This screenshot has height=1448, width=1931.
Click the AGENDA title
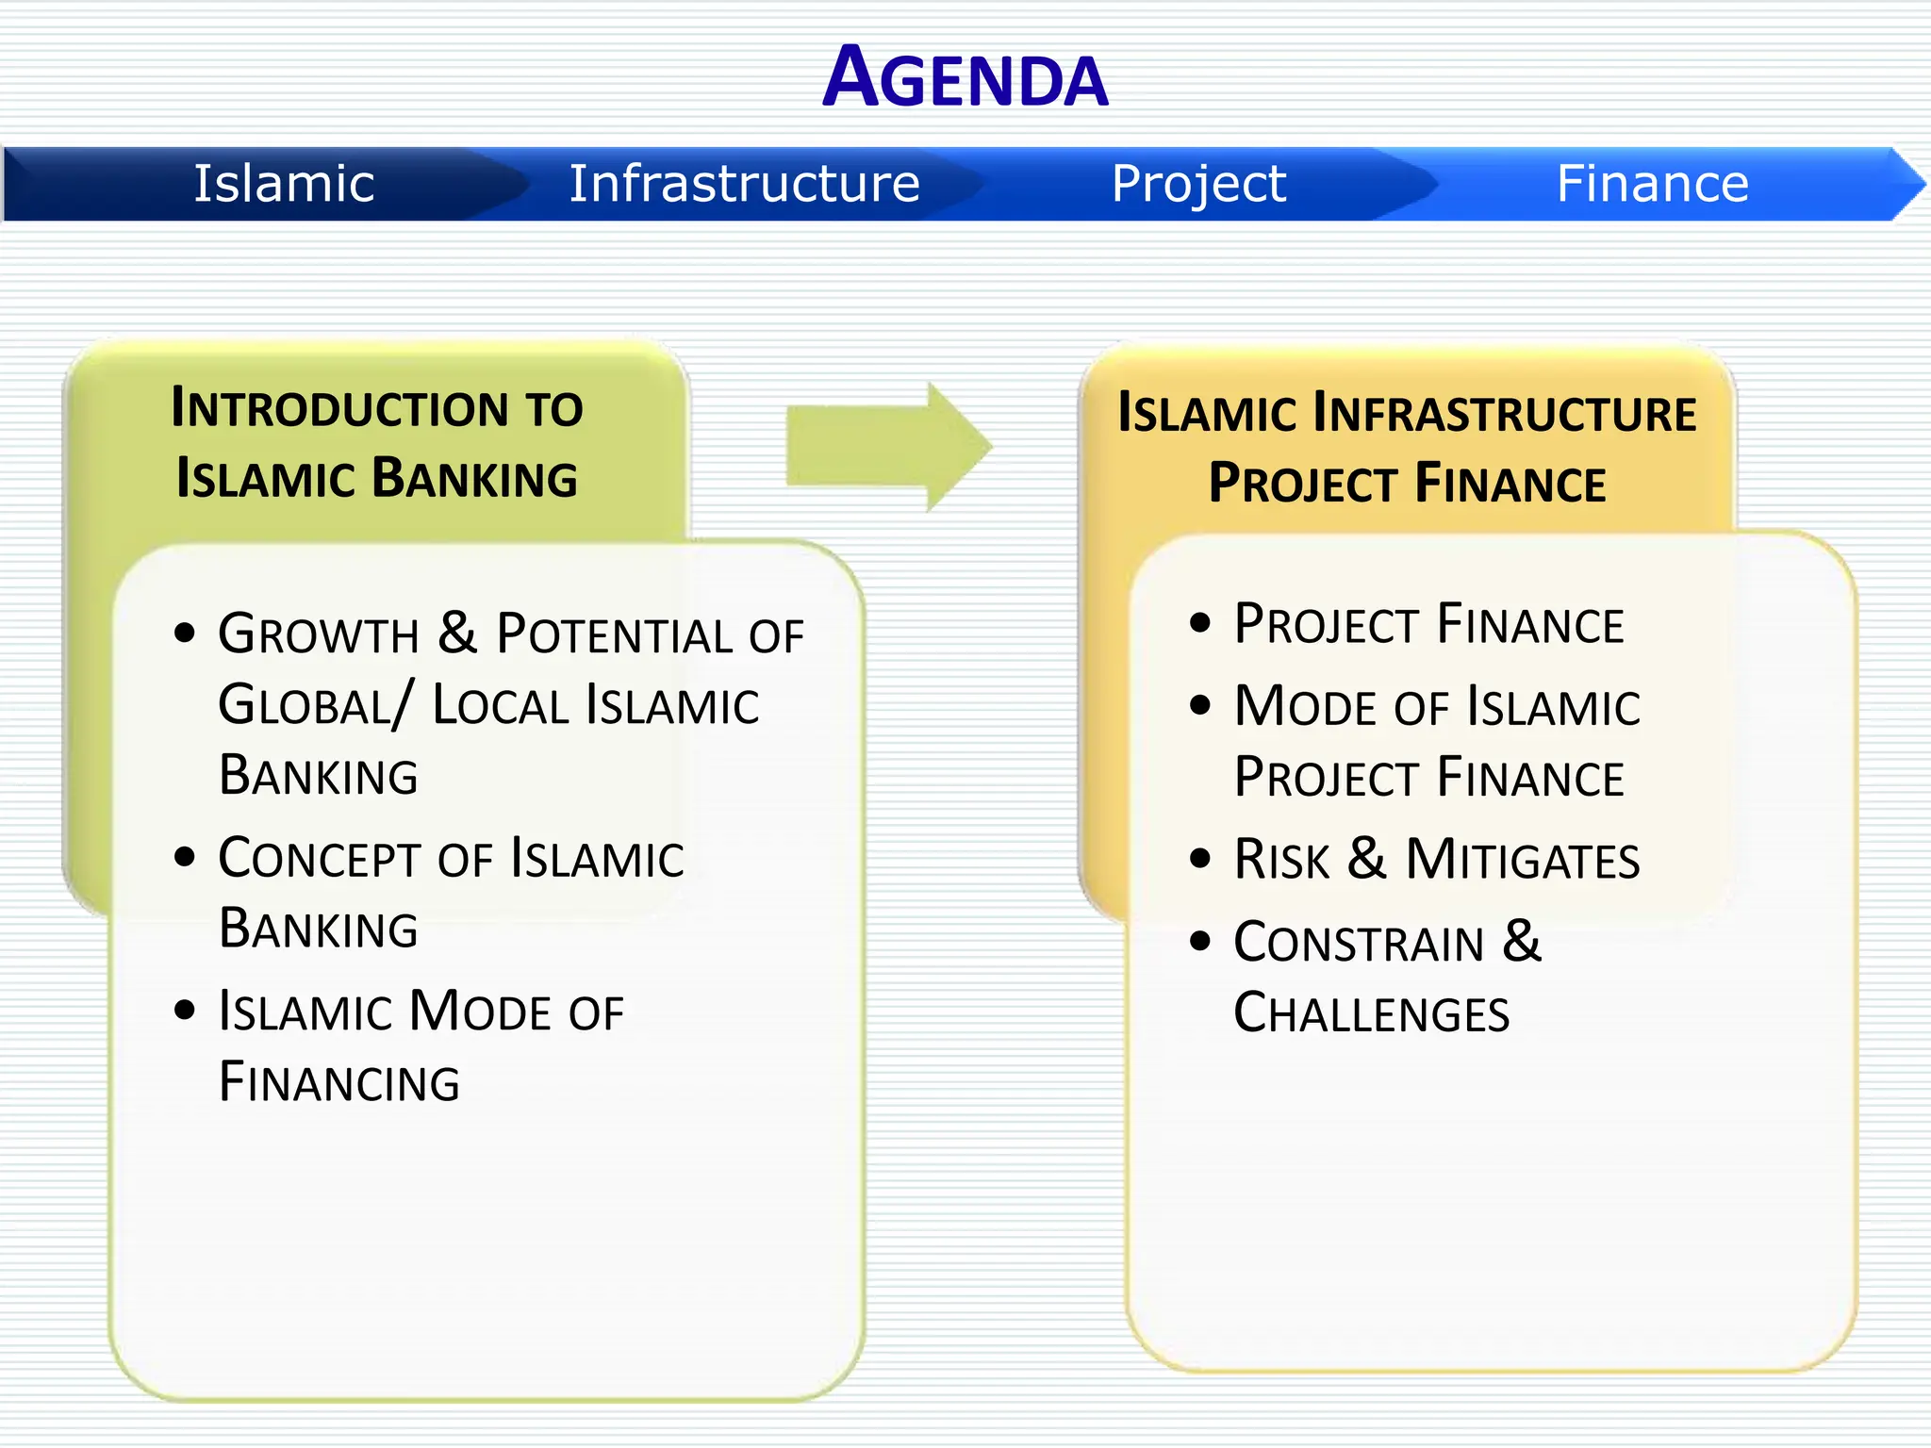pyautogui.click(x=965, y=77)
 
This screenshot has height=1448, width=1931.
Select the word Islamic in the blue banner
pyautogui.click(x=284, y=183)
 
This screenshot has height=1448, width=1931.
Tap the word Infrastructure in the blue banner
pyautogui.click(x=744, y=183)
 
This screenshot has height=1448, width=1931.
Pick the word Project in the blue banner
pyautogui.click(x=1197, y=185)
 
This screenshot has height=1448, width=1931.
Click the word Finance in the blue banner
pyautogui.click(x=1652, y=183)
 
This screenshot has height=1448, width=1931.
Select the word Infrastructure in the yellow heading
pyautogui.click(x=1505, y=414)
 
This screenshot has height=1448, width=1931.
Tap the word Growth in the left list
pyautogui.click(x=318, y=634)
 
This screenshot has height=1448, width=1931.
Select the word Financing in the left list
pyautogui.click(x=338, y=1082)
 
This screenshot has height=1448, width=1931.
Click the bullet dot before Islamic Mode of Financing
pyautogui.click(x=185, y=1011)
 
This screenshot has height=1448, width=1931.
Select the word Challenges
pyautogui.click(x=1371, y=1014)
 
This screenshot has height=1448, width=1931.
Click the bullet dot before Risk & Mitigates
pyautogui.click(x=1199, y=858)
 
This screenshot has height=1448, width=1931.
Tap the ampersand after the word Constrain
pyautogui.click(x=1521, y=941)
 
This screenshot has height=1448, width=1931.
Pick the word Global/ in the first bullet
pyautogui.click(x=315, y=706)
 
